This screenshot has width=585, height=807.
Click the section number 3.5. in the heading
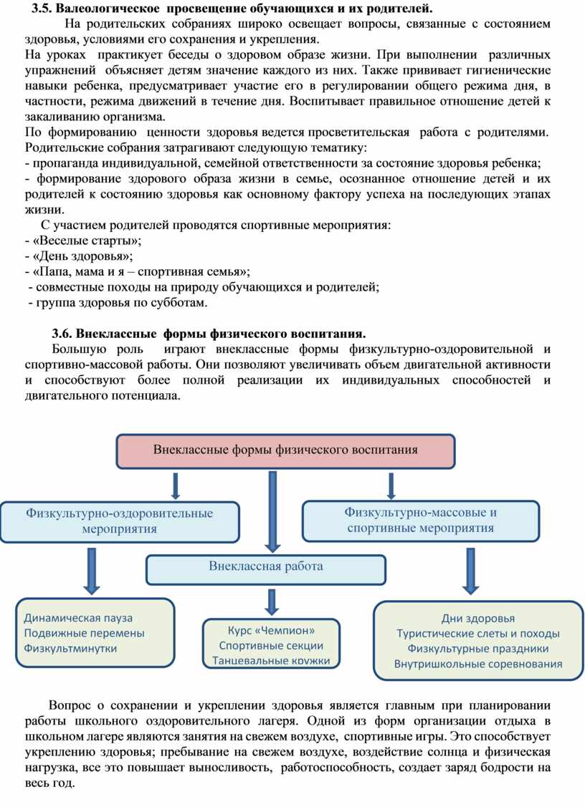pos(42,9)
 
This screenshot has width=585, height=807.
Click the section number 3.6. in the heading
pos(62,333)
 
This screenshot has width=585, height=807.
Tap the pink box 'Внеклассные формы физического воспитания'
pos(285,450)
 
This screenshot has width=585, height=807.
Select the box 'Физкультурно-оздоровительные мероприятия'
pos(120,521)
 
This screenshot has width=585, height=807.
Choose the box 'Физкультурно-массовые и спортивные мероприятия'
pos(420,521)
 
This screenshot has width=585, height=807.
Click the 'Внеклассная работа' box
pos(266,566)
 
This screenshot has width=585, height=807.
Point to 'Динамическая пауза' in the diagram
pos(78,618)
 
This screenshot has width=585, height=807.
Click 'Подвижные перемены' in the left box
pos(84,633)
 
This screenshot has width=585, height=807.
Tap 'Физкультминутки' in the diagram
pos(70,648)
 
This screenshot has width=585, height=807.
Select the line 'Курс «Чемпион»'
pos(271,630)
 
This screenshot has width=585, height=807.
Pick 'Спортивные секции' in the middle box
pos(271,645)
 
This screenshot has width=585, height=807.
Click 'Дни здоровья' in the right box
pos(477,619)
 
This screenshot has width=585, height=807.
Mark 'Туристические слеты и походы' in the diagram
pos(477,634)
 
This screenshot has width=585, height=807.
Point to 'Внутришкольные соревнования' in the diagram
pos(477,664)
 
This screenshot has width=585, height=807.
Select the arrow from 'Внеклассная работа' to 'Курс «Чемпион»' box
pos(271,600)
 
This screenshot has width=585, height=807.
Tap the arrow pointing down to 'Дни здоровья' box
pos(470,570)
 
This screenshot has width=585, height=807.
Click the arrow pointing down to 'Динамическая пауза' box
pos(92,570)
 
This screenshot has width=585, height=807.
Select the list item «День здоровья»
pos(82,256)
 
